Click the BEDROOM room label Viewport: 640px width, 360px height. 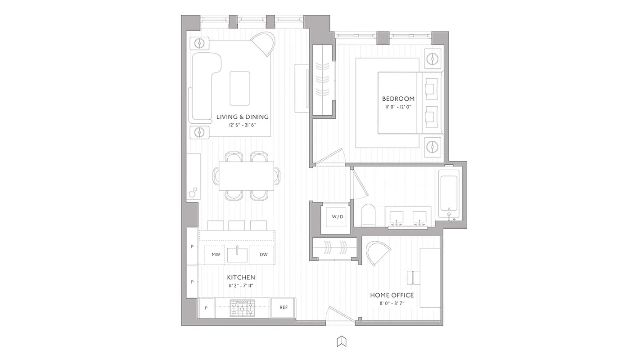tap(398, 99)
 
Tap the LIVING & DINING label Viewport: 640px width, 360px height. tap(242, 117)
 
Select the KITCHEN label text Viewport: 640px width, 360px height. tap(241, 278)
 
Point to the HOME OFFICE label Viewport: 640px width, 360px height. tap(392, 295)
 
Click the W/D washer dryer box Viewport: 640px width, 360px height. tap(338, 217)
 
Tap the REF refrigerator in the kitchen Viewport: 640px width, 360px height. tap(283, 308)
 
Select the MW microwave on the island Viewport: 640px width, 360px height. tap(216, 255)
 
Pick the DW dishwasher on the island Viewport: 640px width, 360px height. tap(263, 255)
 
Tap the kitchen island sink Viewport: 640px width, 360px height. tap(237, 255)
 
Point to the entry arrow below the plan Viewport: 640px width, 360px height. tap(342, 342)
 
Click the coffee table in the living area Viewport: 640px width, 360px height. tap(239, 88)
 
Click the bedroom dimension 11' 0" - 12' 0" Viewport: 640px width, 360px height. tap(398, 107)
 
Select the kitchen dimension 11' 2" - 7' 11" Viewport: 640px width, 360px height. tap(241, 286)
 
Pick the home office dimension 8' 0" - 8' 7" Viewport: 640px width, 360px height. tap(392, 303)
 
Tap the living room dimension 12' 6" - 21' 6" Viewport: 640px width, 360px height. tap(242, 125)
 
